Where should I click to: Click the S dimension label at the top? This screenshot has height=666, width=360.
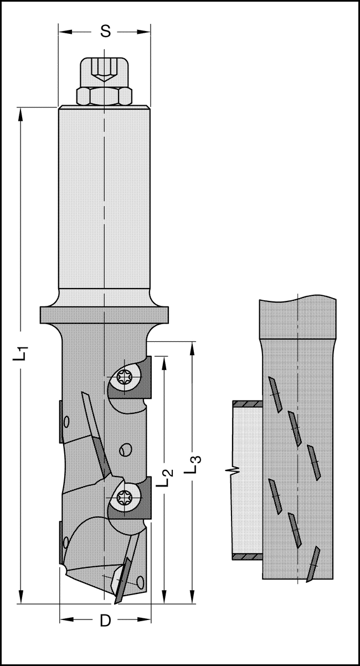point(105,32)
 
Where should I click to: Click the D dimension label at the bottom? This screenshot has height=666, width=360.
point(105,621)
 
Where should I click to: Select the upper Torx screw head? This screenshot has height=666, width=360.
point(126,380)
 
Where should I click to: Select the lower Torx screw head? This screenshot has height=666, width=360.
point(126,498)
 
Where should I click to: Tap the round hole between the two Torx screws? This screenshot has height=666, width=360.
point(125,449)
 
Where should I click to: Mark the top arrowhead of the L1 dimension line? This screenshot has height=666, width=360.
point(22,112)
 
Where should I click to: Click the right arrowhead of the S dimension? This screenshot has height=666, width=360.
point(146,31)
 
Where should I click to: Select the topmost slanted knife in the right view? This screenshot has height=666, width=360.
point(275,394)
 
